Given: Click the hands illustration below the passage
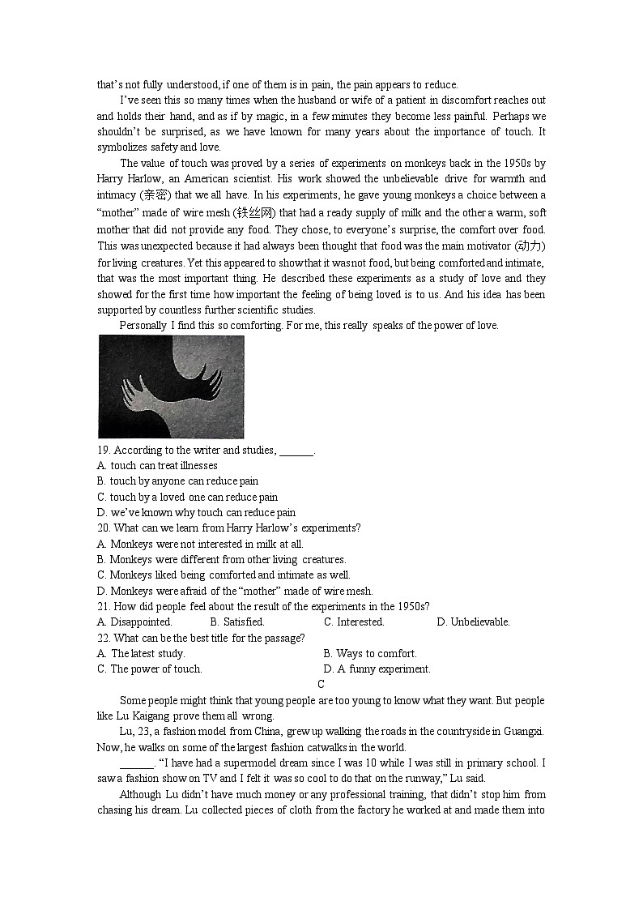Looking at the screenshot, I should point(171,387).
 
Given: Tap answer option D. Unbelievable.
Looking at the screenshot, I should point(473,622).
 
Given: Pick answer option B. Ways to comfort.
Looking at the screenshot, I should point(370,654).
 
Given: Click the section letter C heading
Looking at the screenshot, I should point(321,685).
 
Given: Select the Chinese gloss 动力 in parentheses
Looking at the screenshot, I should point(530,245).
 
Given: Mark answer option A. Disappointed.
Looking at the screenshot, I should point(134,622).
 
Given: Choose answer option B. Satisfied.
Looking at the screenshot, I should point(237,622).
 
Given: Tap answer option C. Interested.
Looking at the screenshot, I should point(354,622).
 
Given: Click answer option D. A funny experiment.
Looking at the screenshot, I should point(377,669).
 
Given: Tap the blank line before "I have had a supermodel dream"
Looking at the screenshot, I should point(137,763).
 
